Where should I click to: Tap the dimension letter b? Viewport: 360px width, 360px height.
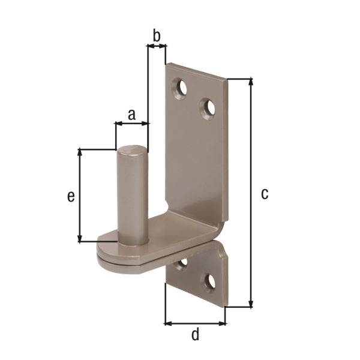(157, 36)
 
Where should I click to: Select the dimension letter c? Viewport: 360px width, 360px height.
(264, 194)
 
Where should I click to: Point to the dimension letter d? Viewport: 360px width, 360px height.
(195, 335)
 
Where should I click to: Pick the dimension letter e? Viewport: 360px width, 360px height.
(71, 196)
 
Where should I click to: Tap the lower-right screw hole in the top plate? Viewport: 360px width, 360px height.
(208, 108)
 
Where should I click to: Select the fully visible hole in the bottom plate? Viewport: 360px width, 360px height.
(210, 281)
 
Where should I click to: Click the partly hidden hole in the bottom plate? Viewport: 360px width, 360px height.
(182, 263)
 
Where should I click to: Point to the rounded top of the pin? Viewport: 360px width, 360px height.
(132, 149)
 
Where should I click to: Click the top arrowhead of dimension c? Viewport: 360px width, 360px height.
(250, 82)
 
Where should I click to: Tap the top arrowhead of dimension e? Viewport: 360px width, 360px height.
(80, 153)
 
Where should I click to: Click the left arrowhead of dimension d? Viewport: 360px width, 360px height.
(169, 323)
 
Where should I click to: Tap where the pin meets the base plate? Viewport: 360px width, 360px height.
(133, 241)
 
